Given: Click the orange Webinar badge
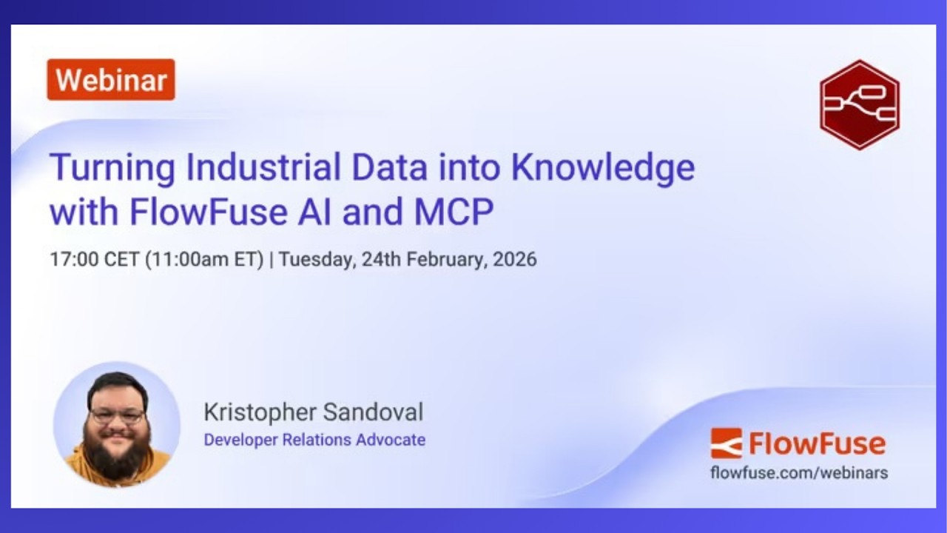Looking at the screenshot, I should [111, 80].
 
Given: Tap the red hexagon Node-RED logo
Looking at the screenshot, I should [859, 104].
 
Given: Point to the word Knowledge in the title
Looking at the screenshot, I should [603, 167].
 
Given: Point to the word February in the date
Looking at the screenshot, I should [447, 260].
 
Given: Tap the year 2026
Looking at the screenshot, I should [515, 260].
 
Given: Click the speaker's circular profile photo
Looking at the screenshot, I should [117, 425].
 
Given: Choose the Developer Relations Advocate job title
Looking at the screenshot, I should [314, 440].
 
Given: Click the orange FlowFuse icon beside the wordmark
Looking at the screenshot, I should [726, 443].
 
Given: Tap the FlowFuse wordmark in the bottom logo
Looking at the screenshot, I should [817, 444].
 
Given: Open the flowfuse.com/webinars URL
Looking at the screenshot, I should [799, 472].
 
